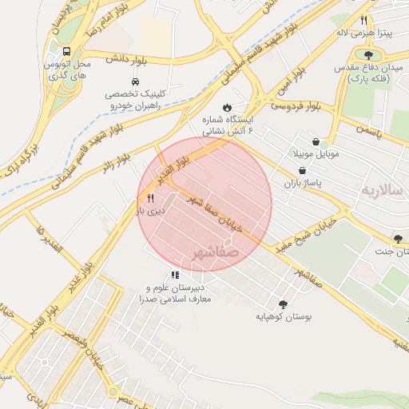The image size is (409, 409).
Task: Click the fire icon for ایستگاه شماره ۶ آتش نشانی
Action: tap(227, 106)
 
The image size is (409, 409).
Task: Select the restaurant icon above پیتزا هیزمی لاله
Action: tap(363, 21)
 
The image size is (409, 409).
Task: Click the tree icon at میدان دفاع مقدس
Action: tap(368, 54)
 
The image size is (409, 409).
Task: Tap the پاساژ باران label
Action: tap(301, 185)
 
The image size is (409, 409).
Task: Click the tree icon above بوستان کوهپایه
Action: tap(282, 304)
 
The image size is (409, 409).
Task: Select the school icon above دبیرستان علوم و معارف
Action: tap(175, 275)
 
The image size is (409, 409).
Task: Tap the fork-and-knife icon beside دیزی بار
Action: tap(150, 197)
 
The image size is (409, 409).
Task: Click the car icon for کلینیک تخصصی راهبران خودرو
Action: tap(134, 82)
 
